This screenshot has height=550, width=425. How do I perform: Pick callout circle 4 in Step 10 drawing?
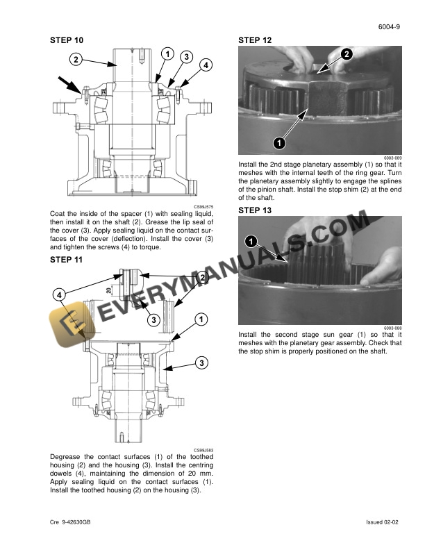(x=206, y=65)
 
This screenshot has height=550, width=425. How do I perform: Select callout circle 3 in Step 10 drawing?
(x=186, y=56)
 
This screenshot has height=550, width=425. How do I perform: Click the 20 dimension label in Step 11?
(x=109, y=290)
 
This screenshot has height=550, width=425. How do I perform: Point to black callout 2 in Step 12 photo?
(x=346, y=53)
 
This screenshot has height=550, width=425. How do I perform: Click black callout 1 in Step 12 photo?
(x=278, y=143)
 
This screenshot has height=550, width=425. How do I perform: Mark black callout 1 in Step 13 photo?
(x=251, y=241)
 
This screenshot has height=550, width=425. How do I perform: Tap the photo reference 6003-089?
(x=393, y=158)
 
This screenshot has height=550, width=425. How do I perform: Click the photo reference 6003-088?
(x=393, y=328)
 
